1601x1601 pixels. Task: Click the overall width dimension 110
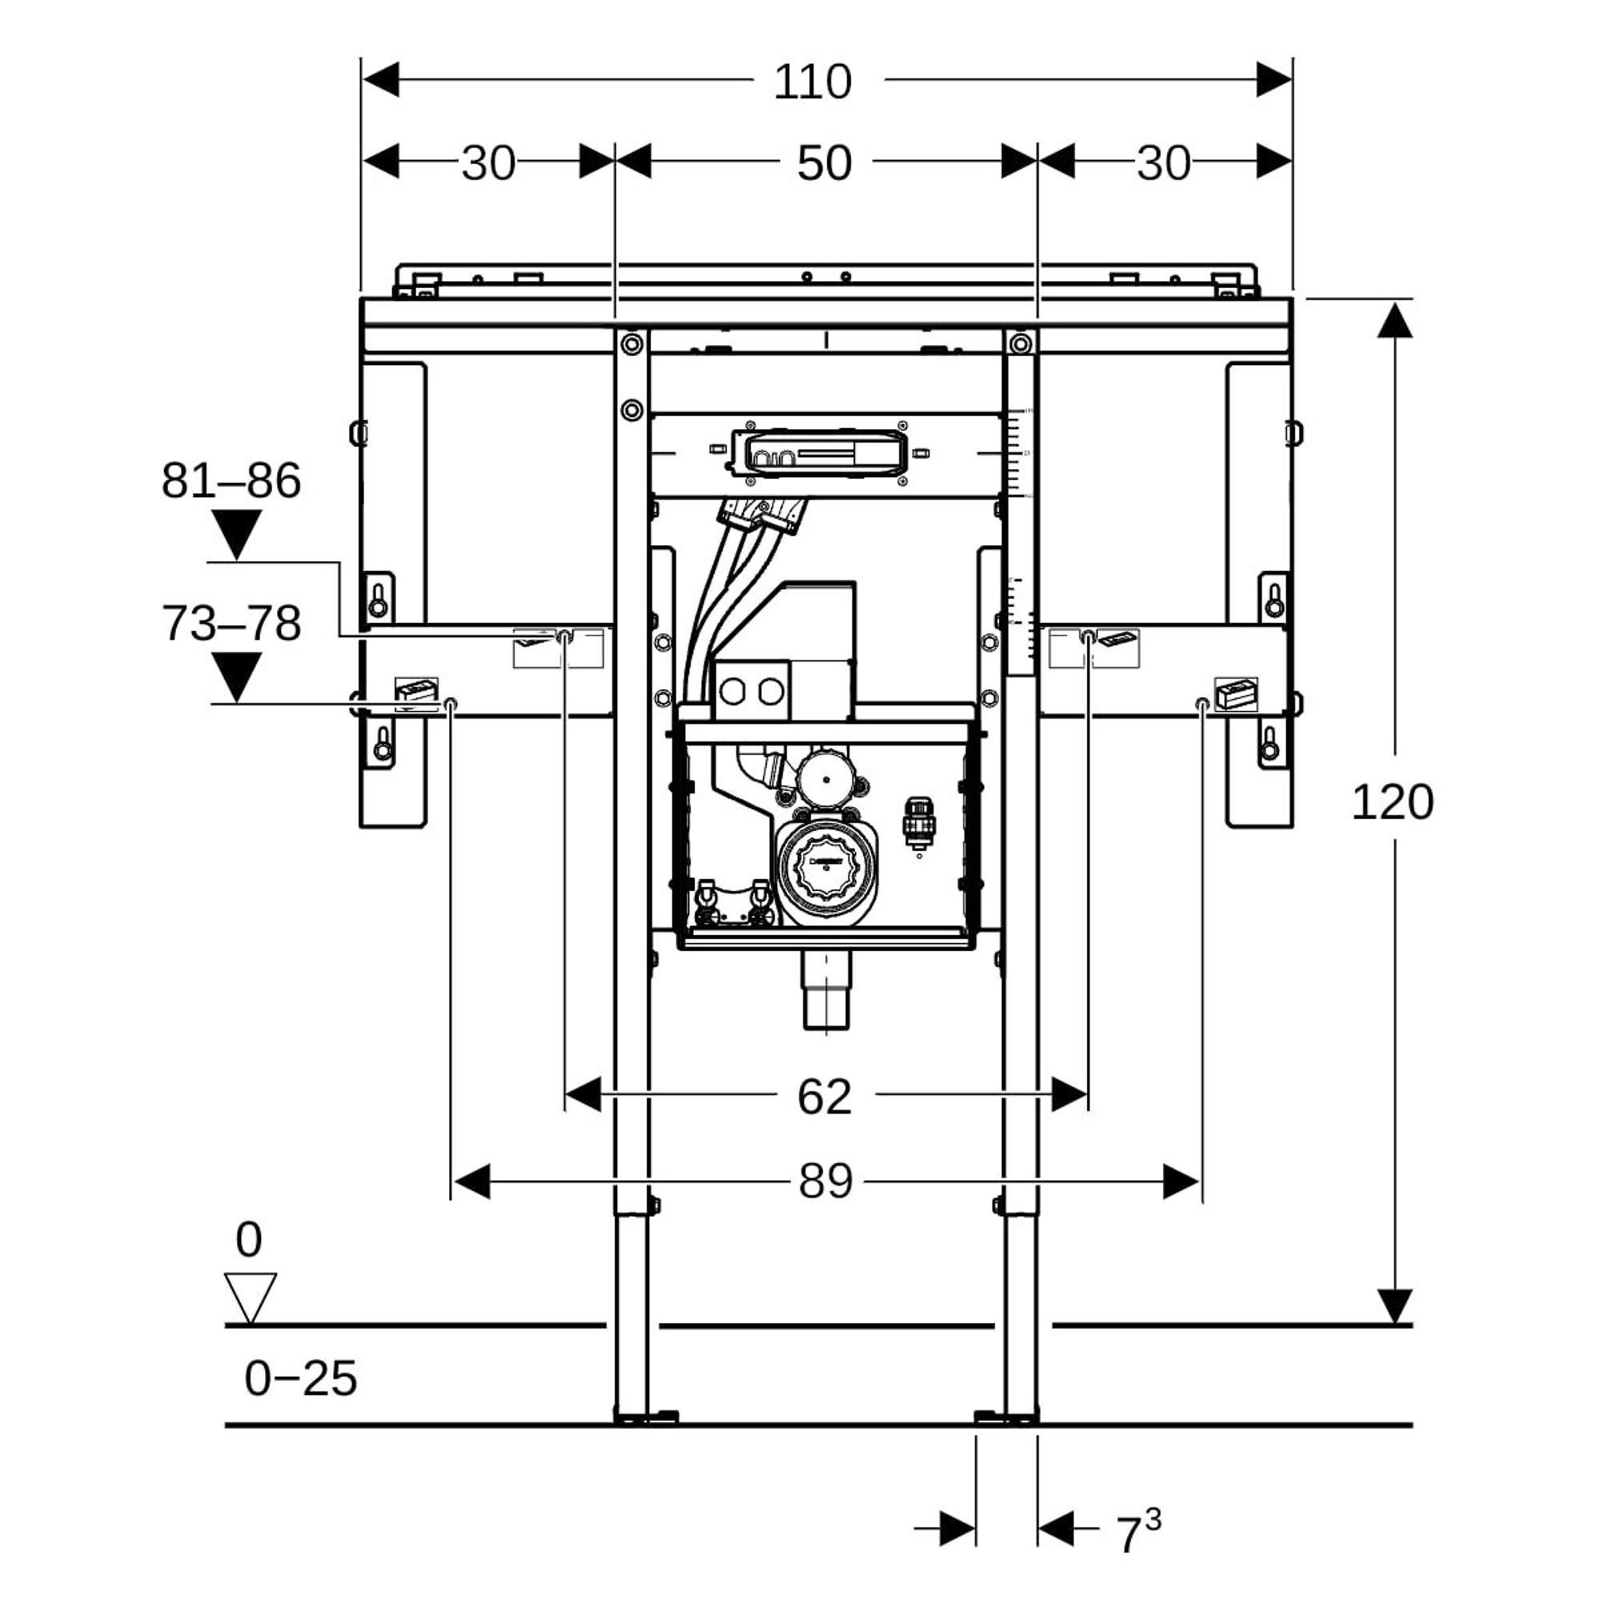pos(812,82)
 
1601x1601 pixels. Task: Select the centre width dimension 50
pos(824,163)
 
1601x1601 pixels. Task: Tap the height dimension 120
pos(1392,802)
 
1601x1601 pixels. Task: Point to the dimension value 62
pos(824,1097)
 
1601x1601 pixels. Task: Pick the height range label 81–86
pos(231,480)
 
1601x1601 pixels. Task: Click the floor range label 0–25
pos(300,1379)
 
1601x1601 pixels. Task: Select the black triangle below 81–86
pos(237,532)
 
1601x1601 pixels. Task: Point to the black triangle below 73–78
pos(237,676)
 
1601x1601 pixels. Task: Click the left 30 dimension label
pos(488,163)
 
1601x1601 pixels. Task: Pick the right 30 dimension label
pos(1162,163)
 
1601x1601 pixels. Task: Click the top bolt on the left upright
pos(632,343)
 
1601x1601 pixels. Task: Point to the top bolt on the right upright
pos(1020,343)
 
